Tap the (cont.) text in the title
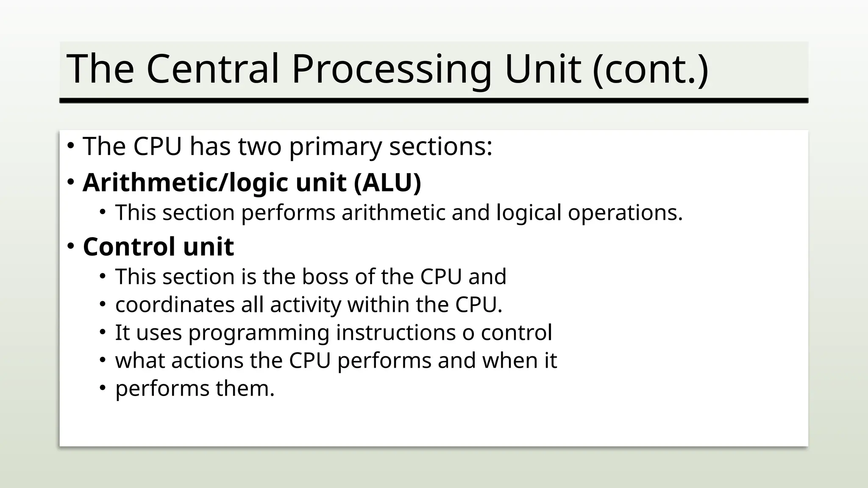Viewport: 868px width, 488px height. [650, 69]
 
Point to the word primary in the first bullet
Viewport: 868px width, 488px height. [335, 147]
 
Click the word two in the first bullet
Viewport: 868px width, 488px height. [259, 147]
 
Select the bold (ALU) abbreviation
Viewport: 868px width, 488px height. [387, 183]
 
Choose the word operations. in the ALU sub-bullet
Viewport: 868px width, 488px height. [625, 213]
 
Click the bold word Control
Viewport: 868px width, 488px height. [129, 247]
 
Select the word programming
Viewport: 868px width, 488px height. [259, 333]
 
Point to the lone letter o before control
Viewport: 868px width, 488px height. [468, 333]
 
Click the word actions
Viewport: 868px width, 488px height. [207, 360]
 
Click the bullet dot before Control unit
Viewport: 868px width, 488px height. [71, 246]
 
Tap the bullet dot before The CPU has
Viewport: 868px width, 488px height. [71, 146]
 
